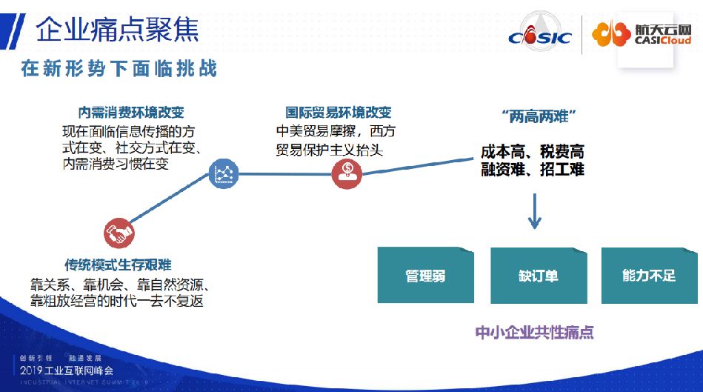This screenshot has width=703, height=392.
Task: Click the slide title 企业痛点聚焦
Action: pos(117,30)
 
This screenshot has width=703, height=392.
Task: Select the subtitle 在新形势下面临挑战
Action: pos(119,69)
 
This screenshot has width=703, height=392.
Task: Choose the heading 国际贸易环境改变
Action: pos(339,113)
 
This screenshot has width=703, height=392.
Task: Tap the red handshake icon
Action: pos(119,233)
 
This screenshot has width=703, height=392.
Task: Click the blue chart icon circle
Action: pos(223,173)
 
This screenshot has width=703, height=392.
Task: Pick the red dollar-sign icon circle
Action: pos(347,173)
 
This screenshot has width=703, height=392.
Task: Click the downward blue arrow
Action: pos(534,210)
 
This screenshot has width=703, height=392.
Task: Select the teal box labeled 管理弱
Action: pos(425,276)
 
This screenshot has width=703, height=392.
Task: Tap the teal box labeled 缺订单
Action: pos(538,276)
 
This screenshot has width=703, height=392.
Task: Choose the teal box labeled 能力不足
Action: pos(648,276)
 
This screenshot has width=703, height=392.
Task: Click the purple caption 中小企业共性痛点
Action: pos(534,332)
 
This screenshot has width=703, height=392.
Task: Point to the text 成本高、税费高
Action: pos(532,151)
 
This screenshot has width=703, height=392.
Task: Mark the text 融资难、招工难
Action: pos(532,170)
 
